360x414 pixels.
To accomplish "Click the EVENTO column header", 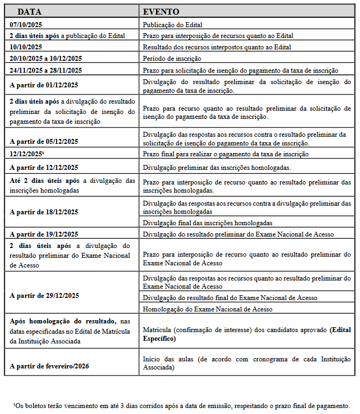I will pyautogui.click(x=161, y=11).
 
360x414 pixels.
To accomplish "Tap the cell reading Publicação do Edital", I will pyautogui.click(x=173, y=24).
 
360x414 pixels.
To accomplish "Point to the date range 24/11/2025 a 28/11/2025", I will pyautogui.click(x=46, y=70).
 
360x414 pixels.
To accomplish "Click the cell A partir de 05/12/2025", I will pyautogui.click(x=44, y=142).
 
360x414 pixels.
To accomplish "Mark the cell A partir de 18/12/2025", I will pyautogui.click(x=44, y=212).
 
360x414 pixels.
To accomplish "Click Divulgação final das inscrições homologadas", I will pyautogui.click(x=207, y=223).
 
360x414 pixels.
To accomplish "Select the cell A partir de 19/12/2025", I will pyautogui.click(x=44, y=234).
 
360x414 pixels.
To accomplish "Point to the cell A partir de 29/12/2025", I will pyautogui.click(x=44, y=296).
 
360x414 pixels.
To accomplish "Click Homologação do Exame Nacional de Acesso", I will pyautogui.click(x=207, y=309).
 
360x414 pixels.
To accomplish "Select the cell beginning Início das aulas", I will pyautogui.click(x=247, y=363).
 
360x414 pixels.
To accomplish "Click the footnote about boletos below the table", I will pyautogui.click(x=181, y=405).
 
